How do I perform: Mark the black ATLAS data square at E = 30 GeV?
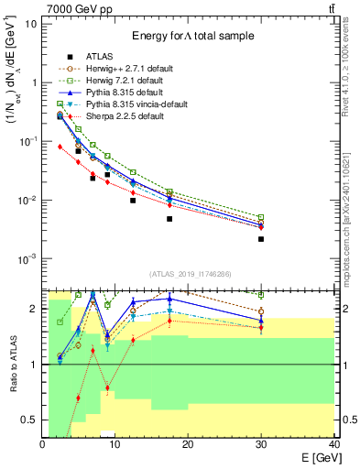261,239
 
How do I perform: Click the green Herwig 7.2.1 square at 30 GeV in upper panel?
261,217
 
